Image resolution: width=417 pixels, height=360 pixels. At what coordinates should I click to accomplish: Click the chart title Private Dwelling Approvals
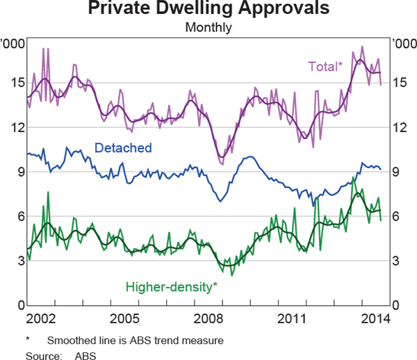[208, 10]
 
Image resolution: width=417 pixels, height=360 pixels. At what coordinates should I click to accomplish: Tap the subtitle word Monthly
[208, 28]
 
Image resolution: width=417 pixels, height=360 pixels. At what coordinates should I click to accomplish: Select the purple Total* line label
[325, 66]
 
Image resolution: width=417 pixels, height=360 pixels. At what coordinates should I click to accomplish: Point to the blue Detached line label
[122, 148]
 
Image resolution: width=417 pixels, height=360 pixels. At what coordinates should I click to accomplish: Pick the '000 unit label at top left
[13, 44]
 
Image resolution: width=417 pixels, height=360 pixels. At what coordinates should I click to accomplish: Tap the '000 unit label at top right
[404, 44]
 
